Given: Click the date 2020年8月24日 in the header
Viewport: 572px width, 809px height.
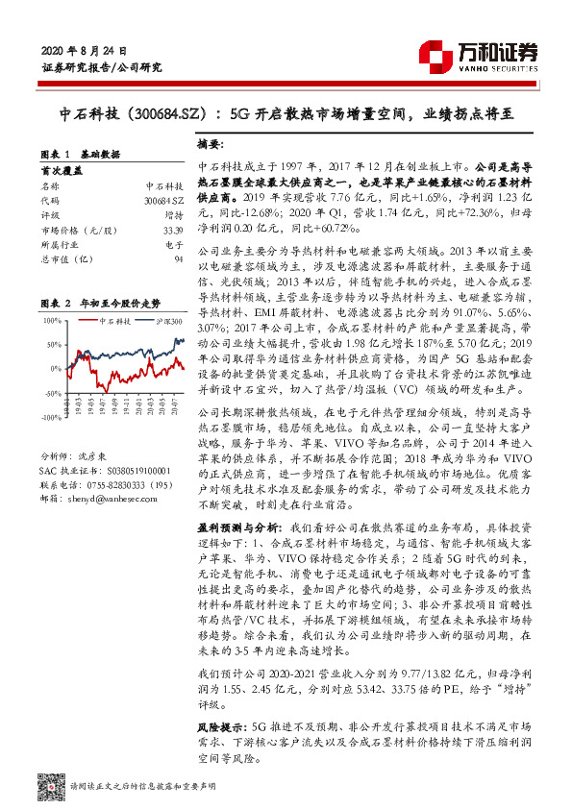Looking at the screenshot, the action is (x=85, y=49).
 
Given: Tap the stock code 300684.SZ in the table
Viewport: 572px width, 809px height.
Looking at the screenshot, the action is (x=162, y=198).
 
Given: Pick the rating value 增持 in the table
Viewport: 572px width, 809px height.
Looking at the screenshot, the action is (x=173, y=214).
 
